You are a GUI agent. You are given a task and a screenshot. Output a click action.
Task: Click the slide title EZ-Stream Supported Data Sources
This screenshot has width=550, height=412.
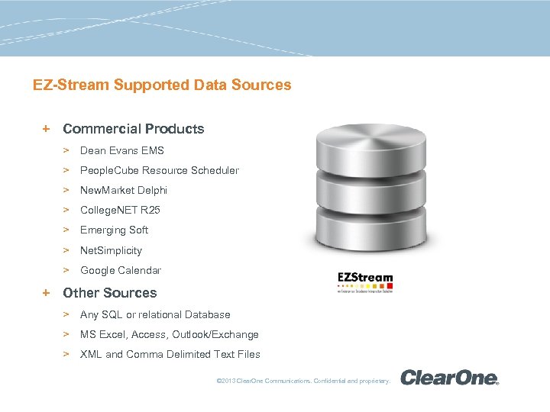coord(162,85)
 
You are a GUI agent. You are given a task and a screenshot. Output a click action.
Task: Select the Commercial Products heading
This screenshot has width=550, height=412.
coord(133,129)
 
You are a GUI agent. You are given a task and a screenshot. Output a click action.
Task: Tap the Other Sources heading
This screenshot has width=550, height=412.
coord(109,293)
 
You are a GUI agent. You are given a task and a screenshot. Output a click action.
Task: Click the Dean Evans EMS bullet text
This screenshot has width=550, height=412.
coord(121,150)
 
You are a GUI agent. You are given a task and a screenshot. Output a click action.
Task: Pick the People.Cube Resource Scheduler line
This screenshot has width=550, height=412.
coord(159,170)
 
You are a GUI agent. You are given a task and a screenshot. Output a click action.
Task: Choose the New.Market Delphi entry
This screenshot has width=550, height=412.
coord(123,190)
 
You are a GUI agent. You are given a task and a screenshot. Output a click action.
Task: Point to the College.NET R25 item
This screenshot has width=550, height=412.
coord(120,210)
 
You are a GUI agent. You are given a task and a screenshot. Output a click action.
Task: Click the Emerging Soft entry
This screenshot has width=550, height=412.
coord(114,230)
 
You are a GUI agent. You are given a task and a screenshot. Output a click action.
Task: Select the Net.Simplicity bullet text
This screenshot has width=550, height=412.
coord(111,250)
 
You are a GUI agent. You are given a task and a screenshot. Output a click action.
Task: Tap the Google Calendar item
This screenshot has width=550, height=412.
coord(120,270)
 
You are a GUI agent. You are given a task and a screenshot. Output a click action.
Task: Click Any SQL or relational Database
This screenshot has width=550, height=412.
coord(154,314)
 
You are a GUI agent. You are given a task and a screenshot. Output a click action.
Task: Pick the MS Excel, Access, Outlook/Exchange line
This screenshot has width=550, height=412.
coord(169,334)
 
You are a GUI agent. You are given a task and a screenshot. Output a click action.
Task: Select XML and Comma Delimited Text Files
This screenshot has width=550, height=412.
coord(170,354)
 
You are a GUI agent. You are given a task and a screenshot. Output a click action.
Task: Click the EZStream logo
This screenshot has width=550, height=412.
coord(365,282)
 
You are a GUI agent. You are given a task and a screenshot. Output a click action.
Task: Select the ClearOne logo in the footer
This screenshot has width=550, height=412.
coord(449,377)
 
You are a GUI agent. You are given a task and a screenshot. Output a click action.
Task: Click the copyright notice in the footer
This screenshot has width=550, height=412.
coord(303,380)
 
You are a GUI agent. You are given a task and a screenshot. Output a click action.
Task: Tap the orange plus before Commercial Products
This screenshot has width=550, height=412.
coord(47,129)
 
